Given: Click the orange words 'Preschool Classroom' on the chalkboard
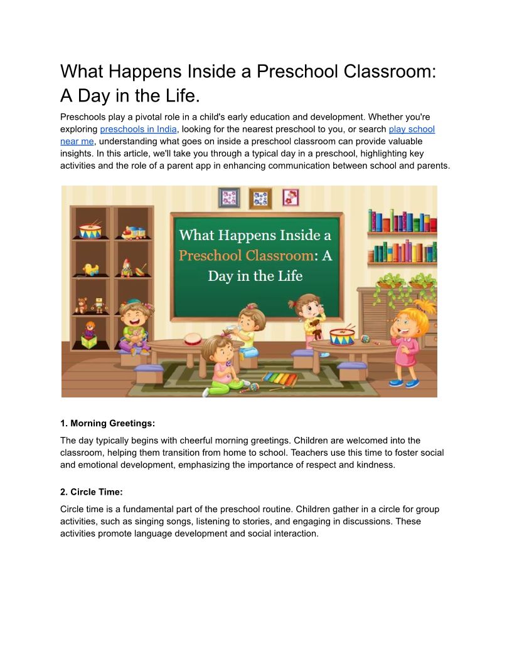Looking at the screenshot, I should coord(246,256).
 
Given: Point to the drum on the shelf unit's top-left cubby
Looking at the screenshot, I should coord(90,230).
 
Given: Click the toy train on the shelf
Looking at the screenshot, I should coord(134,233).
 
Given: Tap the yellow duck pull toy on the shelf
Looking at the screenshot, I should coord(91,270).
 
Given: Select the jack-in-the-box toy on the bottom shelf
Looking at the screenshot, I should coord(90,335).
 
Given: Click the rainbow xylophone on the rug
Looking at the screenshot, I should coord(279,379).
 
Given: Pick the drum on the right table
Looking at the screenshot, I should coord(342,336).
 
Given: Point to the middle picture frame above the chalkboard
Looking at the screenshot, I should coord(260,198).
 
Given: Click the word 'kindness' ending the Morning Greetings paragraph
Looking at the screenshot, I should coord(376,465).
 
